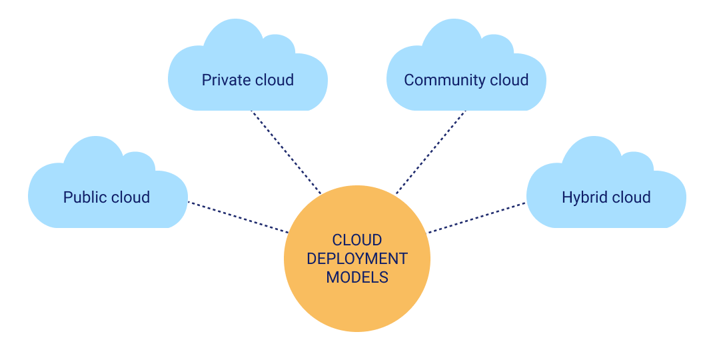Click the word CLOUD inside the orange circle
tap(357, 240)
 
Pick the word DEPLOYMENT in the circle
tap(357, 259)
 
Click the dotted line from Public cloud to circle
tap(238, 217)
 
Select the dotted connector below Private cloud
tap(285, 152)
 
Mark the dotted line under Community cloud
tap(430, 152)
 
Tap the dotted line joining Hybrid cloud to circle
tap(477, 217)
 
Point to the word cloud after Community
tap(509, 81)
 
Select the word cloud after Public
tap(129, 197)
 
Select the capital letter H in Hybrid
tap(566, 197)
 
